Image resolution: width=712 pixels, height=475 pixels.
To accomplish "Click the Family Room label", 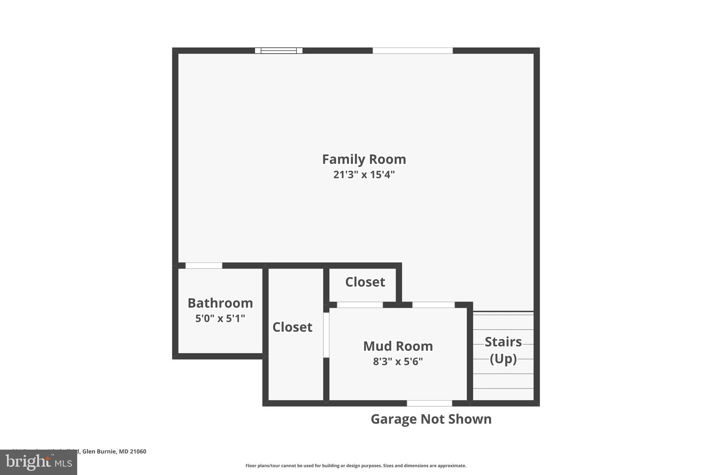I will click(x=364, y=159).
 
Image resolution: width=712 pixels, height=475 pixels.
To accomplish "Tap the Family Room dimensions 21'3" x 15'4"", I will click(x=364, y=174).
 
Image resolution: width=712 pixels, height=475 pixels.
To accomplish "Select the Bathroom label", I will click(x=220, y=303).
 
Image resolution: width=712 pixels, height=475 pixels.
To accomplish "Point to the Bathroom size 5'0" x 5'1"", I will click(x=220, y=318).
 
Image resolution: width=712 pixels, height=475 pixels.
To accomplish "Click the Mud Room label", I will click(x=398, y=346).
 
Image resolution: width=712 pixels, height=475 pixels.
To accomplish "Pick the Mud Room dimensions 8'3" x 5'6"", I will click(x=398, y=362).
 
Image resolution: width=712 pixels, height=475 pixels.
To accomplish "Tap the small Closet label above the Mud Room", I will click(x=365, y=282).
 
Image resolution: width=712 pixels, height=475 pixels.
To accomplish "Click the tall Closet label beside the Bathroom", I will click(x=292, y=327).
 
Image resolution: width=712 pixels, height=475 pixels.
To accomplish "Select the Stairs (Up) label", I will click(x=503, y=350).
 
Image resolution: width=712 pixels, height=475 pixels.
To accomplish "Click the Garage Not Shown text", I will click(x=431, y=419).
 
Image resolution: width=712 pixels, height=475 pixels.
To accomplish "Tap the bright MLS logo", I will click(x=39, y=462).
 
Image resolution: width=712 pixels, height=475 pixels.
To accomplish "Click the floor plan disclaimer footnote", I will click(x=356, y=466).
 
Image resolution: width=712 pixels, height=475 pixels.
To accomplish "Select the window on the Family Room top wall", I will click(x=278, y=51).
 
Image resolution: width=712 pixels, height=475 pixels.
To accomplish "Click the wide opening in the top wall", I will click(x=413, y=51).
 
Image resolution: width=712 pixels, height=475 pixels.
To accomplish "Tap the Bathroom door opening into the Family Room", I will click(x=204, y=266).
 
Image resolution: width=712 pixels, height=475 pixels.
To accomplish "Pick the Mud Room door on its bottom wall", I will click(x=429, y=403).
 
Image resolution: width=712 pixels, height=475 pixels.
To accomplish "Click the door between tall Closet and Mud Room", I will click(x=326, y=335).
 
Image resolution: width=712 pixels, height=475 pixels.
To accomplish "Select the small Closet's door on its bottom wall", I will click(x=360, y=305).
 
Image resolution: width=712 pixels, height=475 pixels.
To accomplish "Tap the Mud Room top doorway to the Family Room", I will click(x=434, y=305).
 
